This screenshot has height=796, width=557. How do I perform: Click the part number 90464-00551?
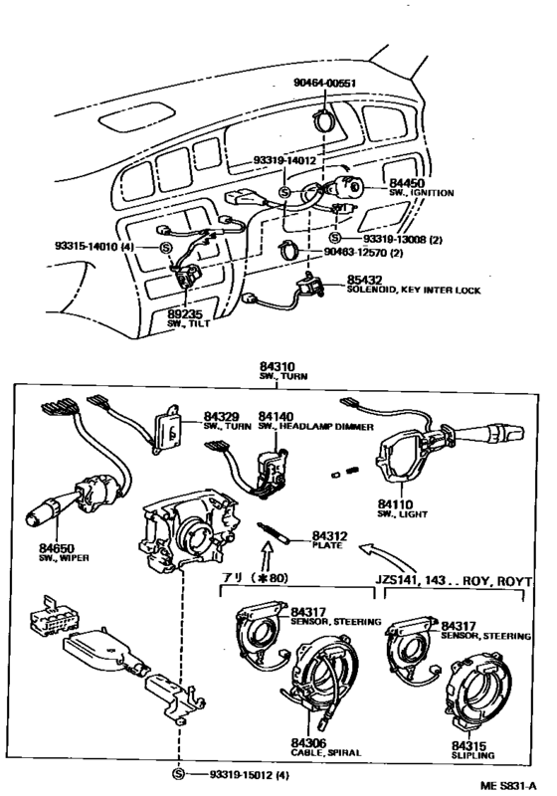pos(324,83)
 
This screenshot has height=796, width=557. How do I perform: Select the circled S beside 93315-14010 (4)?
pos(166,247)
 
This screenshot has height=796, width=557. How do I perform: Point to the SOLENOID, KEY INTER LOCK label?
pos(414,290)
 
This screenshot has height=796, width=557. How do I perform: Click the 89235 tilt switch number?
pos(185,315)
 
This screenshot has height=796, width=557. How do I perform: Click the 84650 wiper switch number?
pos(57,548)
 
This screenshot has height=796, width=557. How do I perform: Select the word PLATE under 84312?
pos(327,545)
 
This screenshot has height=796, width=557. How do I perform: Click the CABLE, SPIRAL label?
pos(326,752)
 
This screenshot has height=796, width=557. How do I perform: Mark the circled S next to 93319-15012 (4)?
pos(178,774)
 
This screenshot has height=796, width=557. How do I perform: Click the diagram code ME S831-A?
pos(508,786)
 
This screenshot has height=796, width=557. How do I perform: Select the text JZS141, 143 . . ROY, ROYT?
pos(454,580)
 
